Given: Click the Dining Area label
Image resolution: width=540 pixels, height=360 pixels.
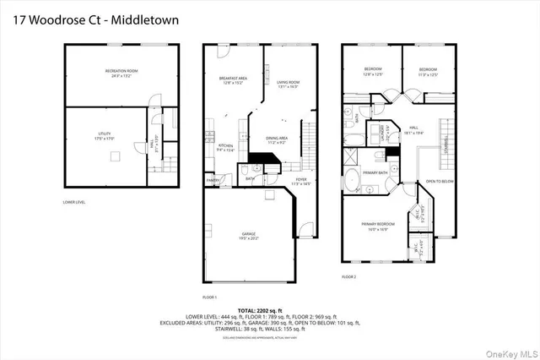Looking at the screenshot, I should click(278, 139).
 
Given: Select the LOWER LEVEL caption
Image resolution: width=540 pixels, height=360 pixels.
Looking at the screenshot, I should click(74, 202).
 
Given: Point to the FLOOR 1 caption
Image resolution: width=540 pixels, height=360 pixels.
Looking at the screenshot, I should click(210, 297).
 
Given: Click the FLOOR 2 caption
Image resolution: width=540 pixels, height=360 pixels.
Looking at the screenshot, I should click(348, 276).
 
